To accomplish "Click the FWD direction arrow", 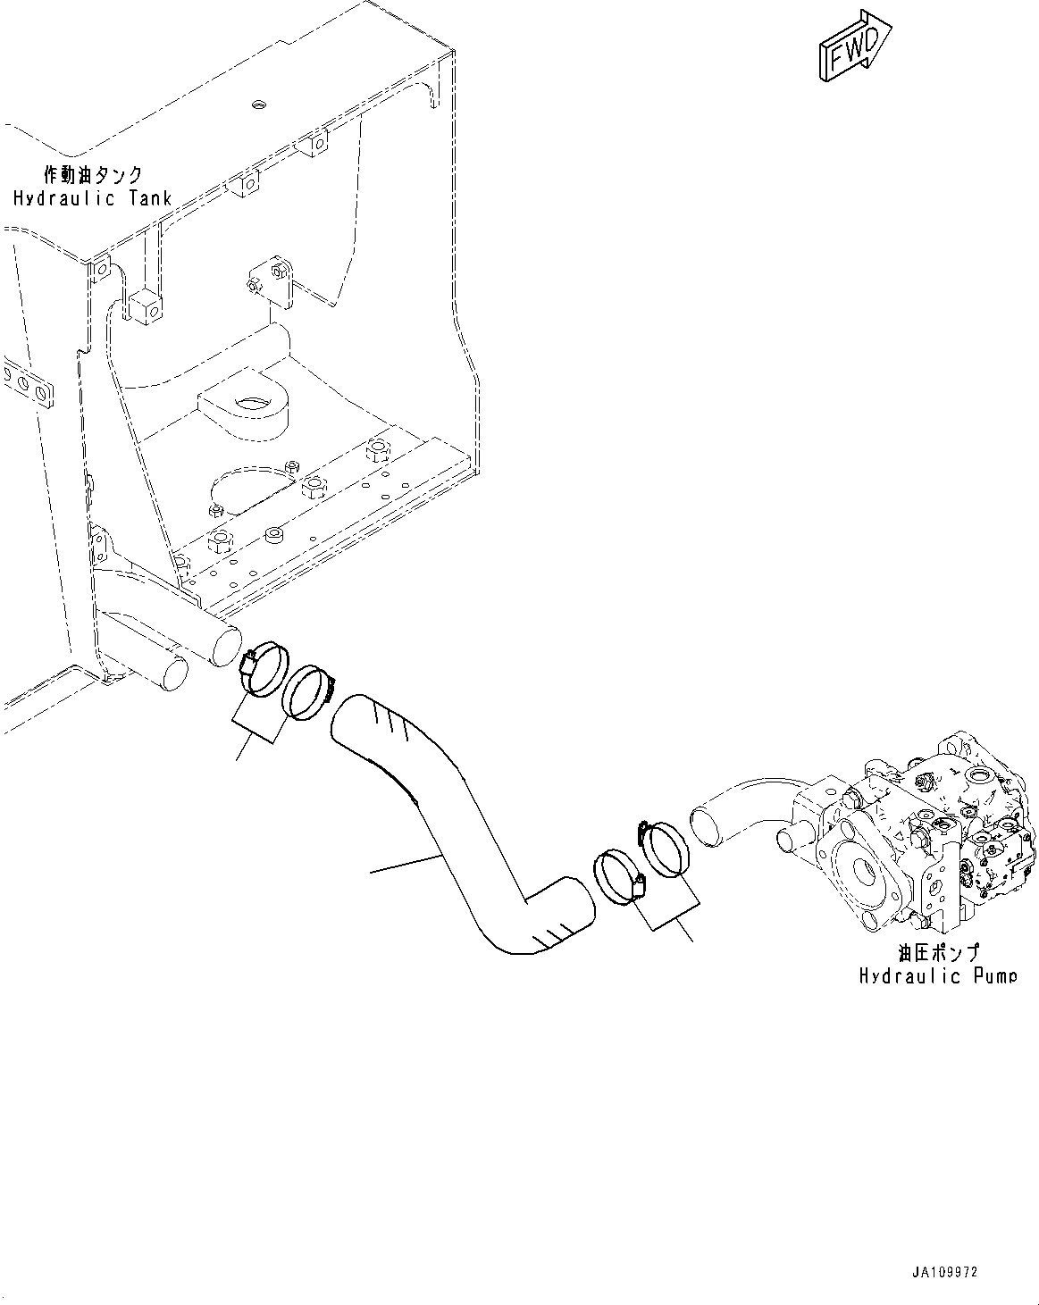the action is click(855, 46).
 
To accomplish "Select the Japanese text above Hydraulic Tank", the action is click(94, 175).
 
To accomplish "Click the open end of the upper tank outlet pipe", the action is click(226, 647).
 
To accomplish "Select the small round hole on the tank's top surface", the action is click(259, 105).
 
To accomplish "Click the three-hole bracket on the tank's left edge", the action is click(27, 386).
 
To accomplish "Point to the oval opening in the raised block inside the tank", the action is click(254, 401).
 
